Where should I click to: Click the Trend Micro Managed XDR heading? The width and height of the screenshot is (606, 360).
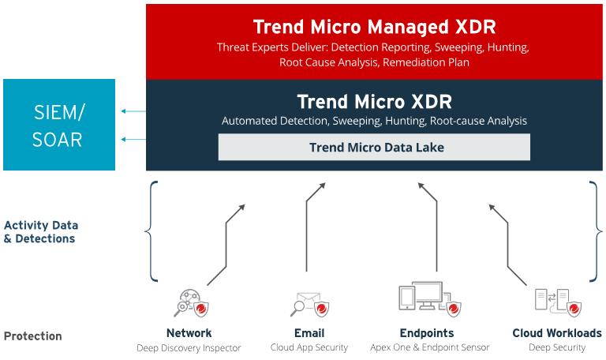point(374,27)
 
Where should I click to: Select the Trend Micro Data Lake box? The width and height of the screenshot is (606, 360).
point(374,147)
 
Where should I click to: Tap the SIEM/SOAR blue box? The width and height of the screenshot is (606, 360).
point(59,125)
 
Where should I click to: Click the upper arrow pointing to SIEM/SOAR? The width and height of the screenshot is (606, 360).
point(133,111)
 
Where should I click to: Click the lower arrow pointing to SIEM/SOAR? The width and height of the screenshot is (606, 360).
point(133,139)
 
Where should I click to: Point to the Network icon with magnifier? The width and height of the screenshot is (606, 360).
point(191,303)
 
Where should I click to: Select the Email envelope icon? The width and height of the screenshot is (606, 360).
point(309,304)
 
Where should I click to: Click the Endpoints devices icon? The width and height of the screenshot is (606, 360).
point(430,299)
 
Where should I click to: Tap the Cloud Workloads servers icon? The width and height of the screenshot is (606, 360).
point(558,303)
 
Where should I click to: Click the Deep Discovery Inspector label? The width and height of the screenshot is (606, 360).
point(189,348)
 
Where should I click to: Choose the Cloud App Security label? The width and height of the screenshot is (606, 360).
point(309,347)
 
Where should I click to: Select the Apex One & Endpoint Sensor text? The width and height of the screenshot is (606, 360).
point(430,347)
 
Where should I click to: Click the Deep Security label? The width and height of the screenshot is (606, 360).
point(557,347)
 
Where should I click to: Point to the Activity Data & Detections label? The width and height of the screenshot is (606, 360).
point(41,231)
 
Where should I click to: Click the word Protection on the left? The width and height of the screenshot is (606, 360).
point(33,336)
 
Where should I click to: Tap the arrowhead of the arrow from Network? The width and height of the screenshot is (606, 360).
point(242,207)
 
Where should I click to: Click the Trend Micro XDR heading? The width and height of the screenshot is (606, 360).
point(374,102)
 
